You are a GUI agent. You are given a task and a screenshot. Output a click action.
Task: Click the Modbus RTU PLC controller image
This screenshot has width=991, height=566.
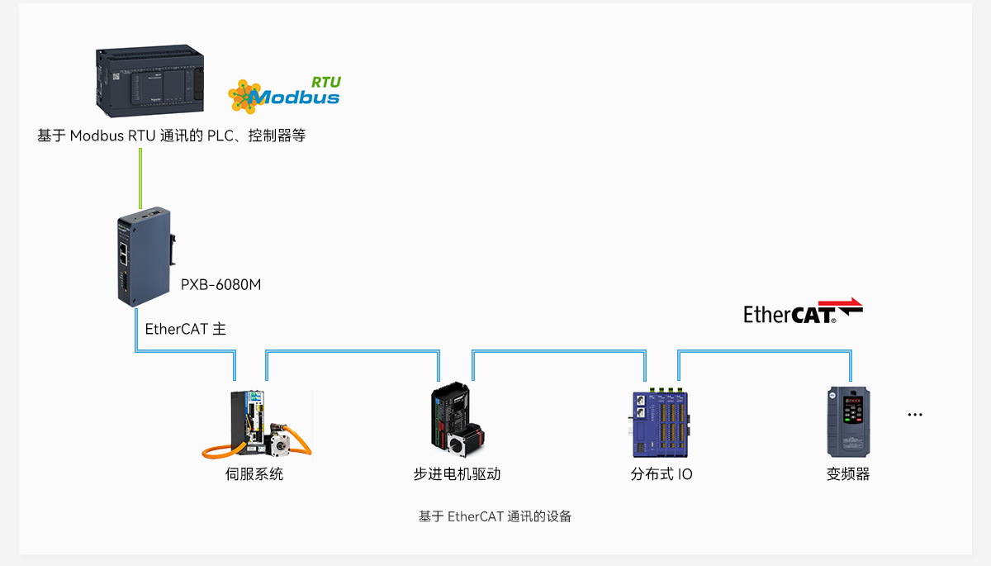click(x=150, y=81)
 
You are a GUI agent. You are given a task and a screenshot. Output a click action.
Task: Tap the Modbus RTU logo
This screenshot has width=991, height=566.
click(x=284, y=95)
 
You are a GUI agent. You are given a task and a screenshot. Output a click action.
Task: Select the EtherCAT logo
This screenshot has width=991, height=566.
click(x=803, y=311)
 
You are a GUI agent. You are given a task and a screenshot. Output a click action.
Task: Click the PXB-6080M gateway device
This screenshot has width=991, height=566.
click(x=146, y=257)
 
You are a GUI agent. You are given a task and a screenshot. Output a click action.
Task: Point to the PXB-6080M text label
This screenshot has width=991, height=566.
click(x=220, y=284)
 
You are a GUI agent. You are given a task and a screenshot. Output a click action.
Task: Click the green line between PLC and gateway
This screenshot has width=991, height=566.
click(x=140, y=178)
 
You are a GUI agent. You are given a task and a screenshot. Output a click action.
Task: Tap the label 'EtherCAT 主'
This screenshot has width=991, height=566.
click(x=185, y=329)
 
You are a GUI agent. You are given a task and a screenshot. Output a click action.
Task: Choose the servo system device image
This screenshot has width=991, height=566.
click(x=257, y=424)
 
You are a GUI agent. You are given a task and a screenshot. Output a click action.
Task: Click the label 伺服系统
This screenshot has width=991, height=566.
click(x=254, y=474)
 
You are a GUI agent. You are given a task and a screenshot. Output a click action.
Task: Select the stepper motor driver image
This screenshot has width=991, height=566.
click(x=458, y=419)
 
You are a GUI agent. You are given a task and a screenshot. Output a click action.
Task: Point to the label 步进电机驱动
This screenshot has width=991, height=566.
click(x=457, y=474)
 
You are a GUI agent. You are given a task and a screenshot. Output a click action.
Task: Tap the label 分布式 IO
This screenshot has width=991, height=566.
click(x=661, y=474)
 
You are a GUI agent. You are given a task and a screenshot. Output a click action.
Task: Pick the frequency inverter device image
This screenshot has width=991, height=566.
click(x=849, y=421)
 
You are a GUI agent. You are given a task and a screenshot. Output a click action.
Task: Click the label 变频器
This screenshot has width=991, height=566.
click(x=848, y=474)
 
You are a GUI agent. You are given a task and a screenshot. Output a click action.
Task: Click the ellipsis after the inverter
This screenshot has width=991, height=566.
click(x=915, y=415)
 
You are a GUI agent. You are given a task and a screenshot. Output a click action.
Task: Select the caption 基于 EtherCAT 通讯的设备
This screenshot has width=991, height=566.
click(x=495, y=516)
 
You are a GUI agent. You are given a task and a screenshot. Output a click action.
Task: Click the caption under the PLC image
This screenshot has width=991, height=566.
click(x=171, y=136)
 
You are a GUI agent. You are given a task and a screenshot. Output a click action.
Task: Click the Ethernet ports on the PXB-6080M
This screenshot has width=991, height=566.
click(x=123, y=254)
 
